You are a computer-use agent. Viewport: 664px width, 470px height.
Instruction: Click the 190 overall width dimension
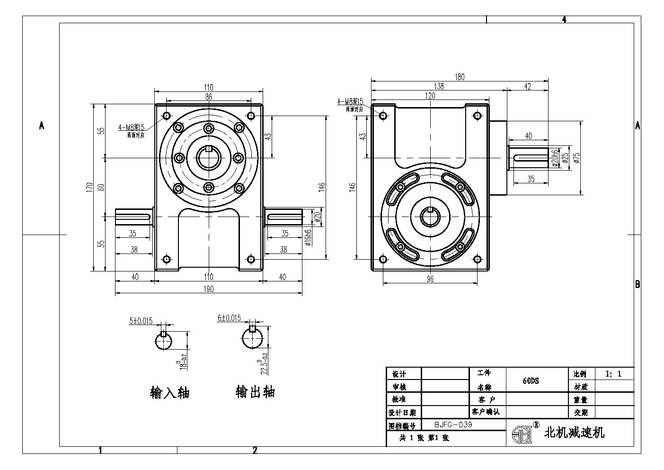point(209,289)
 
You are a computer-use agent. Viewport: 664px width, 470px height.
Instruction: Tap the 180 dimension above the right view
point(460,77)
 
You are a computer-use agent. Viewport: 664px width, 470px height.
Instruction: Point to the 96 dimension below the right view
point(430,279)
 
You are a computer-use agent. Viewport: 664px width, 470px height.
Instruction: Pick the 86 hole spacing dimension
point(209,96)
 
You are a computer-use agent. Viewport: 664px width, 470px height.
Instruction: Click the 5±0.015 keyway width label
point(141,321)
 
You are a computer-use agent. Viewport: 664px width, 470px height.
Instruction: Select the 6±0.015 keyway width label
point(229,318)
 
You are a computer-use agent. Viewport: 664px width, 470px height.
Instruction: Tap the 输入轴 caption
point(169,393)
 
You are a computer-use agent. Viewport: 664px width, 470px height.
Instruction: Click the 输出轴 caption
point(255,392)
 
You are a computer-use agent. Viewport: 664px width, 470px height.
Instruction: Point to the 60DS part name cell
point(531,380)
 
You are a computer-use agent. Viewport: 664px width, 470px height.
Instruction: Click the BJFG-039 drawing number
point(453,425)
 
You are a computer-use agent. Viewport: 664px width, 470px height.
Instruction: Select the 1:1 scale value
point(613,374)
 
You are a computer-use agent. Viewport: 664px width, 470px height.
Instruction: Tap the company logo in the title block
point(522,433)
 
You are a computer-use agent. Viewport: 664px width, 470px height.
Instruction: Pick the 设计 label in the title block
point(397,374)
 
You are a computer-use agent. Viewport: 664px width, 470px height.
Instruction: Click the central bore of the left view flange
point(208,158)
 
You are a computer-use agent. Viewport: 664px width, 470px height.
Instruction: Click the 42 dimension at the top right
point(528,86)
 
